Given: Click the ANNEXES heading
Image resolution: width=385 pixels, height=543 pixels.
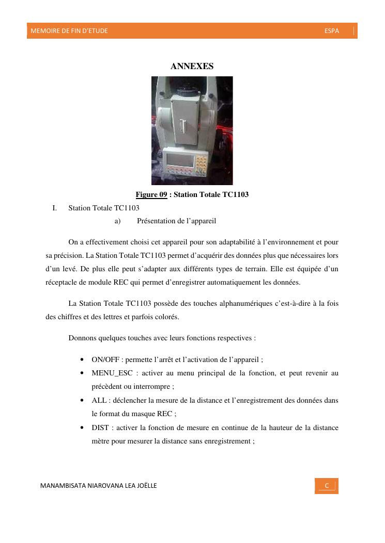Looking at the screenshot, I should tap(192, 67).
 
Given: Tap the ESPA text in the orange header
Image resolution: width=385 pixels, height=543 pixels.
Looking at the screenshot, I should tap(332, 31).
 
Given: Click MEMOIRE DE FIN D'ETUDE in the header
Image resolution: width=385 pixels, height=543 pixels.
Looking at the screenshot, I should tap(69, 31).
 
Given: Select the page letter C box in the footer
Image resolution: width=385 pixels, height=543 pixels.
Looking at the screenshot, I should tap(327, 486).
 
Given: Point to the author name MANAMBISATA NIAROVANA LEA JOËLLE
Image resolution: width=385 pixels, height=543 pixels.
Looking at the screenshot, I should tap(99, 486).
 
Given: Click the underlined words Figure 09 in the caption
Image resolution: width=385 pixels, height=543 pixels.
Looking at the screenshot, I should tap(151, 194).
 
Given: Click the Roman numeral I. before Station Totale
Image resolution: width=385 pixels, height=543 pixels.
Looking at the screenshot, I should tap(54, 208).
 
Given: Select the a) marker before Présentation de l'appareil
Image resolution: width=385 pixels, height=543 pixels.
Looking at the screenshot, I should tap(117, 221).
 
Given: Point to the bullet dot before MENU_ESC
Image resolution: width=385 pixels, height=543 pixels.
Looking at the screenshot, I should tap(83, 373).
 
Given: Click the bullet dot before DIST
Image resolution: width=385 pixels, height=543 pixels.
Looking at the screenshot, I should tap(83, 427).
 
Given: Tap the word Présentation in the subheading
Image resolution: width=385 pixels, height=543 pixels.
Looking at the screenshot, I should tap(156, 221).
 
